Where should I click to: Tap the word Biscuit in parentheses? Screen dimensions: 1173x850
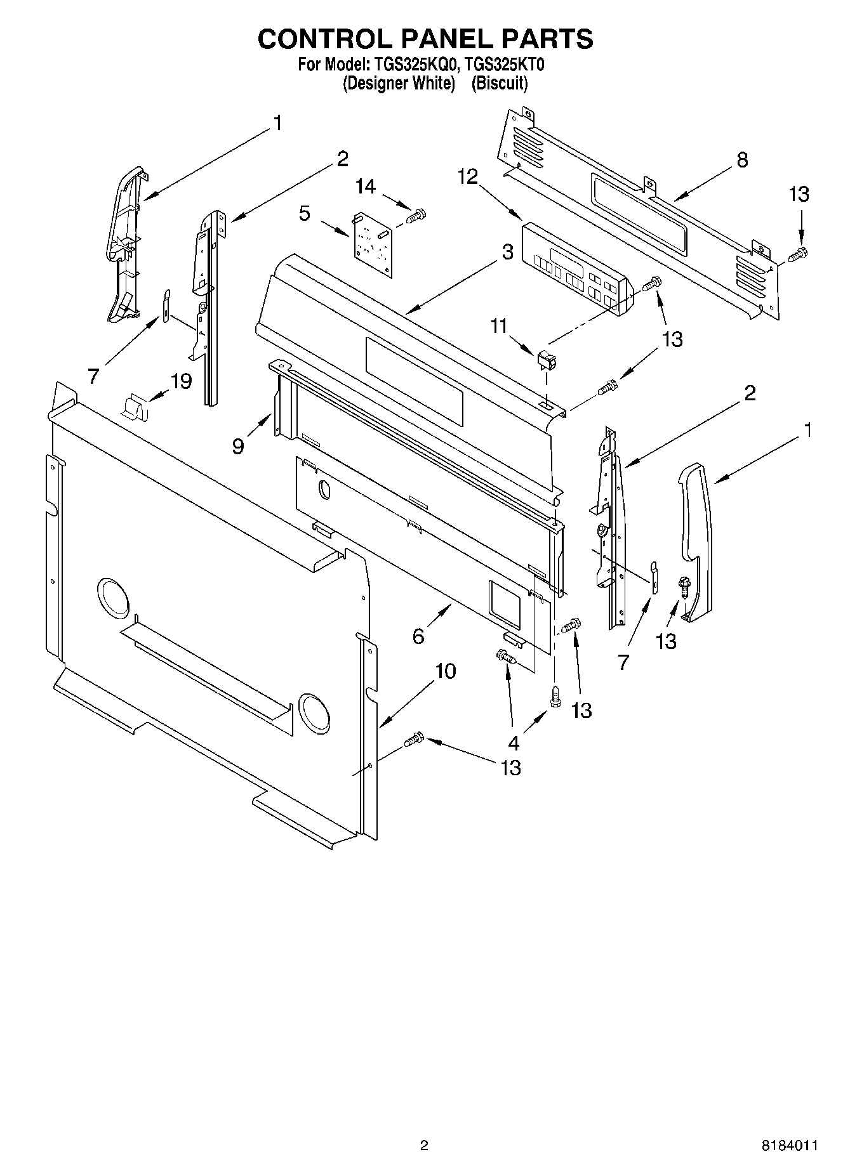tap(500, 83)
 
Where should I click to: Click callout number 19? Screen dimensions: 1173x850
tap(180, 381)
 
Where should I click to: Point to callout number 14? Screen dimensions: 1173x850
tap(365, 187)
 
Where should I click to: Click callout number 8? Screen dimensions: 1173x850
tap(741, 160)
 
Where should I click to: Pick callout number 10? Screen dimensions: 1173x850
tap(446, 671)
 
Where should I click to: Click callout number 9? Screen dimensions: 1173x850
tap(238, 447)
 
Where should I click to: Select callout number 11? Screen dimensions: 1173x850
tap(499, 326)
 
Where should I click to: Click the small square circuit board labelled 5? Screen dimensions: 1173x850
tap(373, 244)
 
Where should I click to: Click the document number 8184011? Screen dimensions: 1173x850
tap(789, 1145)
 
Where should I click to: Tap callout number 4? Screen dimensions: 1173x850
tap(513, 742)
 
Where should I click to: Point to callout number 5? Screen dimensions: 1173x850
tap(305, 213)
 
